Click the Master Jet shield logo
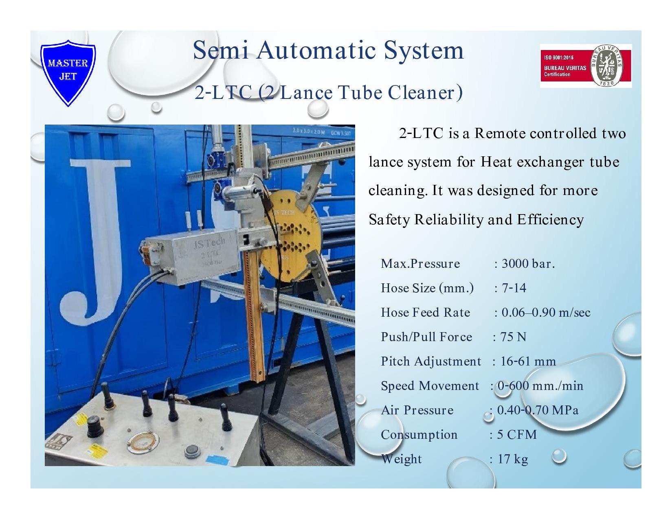coord(68,72)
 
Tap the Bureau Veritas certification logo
coord(586,66)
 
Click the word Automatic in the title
coord(316,50)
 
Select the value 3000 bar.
coord(528,264)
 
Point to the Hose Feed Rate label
coord(425,313)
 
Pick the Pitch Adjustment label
coord(431,361)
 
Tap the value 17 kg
coord(512,459)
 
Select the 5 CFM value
coord(517,435)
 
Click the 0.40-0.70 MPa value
coord(538,410)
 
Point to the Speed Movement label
coord(430,386)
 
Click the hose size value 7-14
coord(514,288)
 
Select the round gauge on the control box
coord(143,442)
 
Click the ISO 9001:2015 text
coord(559,57)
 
